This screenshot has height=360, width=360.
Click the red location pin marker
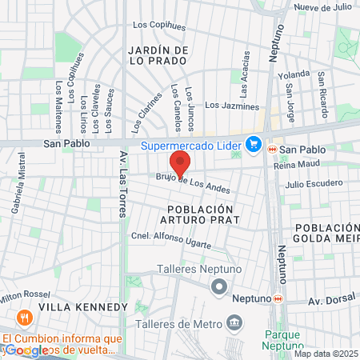pyautogui.click(x=181, y=163)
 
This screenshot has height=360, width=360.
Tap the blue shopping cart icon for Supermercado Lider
pyautogui.click(x=254, y=145)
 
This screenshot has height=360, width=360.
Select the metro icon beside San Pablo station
pyautogui.click(x=273, y=150)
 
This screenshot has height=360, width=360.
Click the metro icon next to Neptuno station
pyautogui.click(x=278, y=298)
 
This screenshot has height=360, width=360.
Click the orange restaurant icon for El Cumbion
pyautogui.click(x=23, y=318)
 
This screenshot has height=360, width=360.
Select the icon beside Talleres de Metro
pyautogui.click(x=234, y=323)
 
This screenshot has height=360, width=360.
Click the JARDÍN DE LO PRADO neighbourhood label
pyautogui.click(x=158, y=55)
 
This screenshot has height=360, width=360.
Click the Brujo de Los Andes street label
pyautogui.click(x=192, y=184)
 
